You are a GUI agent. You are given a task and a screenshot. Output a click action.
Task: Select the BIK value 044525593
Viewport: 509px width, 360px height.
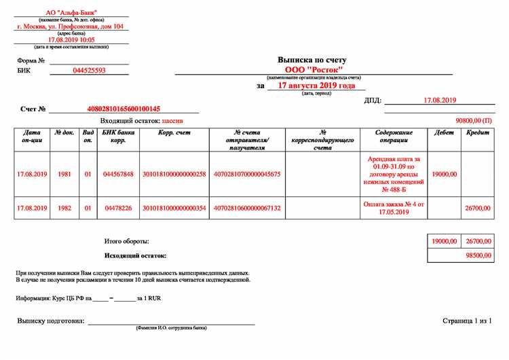click(90, 70)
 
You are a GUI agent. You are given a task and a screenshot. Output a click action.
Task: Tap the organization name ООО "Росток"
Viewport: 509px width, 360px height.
click(314, 70)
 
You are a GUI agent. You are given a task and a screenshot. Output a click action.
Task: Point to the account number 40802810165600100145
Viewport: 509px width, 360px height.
click(124, 109)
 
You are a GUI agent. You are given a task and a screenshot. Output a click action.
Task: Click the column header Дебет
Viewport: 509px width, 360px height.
click(444, 132)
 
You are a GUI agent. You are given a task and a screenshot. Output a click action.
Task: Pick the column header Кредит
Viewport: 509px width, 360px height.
click(478, 132)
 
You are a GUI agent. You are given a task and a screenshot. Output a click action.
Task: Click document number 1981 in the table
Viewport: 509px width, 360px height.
click(64, 174)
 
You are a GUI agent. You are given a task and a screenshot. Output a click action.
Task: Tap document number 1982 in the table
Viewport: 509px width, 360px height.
click(64, 208)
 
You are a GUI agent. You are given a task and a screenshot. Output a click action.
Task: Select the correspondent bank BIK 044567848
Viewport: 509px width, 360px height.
click(119, 174)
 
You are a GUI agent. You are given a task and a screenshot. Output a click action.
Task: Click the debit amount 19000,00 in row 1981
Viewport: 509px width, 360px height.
click(444, 174)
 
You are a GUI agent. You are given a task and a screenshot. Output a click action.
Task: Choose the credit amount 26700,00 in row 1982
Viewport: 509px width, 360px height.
click(478, 208)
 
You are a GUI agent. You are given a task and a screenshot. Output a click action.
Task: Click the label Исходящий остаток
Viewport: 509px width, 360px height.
click(135, 255)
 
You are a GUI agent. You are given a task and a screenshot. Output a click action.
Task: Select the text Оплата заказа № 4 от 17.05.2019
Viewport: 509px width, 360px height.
click(393, 208)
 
